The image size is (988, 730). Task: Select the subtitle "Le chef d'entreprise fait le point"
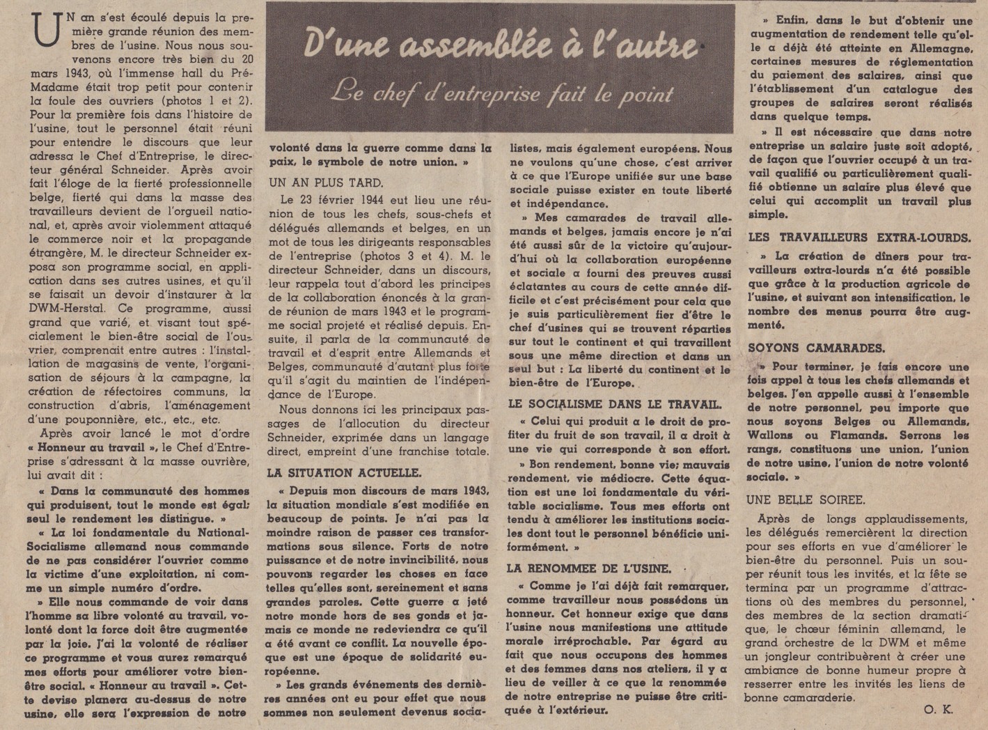click(502, 92)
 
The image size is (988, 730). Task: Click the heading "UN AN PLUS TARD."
click(327, 182)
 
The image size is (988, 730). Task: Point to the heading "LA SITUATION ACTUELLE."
click(345, 472)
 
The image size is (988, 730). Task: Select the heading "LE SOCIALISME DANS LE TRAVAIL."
click(615, 403)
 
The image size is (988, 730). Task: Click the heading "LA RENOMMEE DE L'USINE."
click(589, 568)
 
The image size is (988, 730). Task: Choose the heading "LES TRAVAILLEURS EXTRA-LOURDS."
click(859, 238)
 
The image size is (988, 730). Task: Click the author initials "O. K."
click(939, 710)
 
